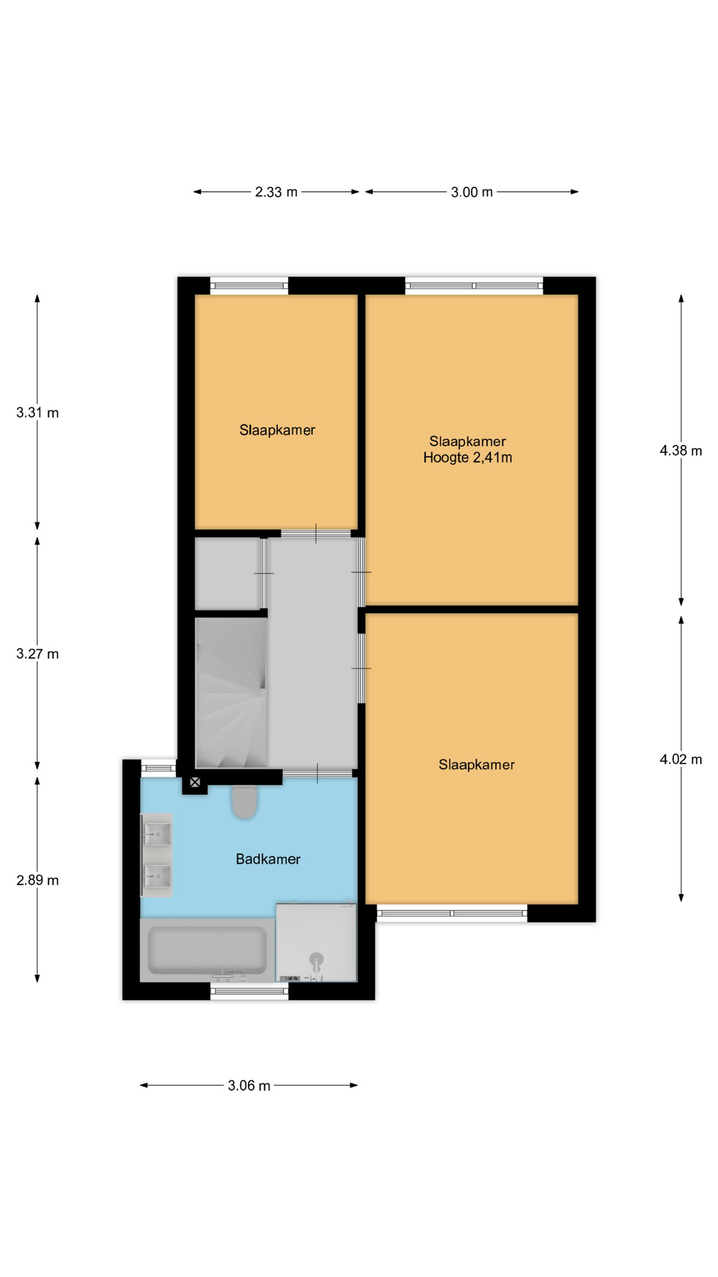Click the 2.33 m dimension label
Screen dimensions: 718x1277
click(276, 192)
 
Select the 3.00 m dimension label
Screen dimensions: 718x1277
click(472, 192)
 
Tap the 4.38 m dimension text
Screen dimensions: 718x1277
click(681, 451)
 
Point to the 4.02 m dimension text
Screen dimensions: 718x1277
click(681, 760)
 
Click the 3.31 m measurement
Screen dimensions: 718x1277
click(38, 413)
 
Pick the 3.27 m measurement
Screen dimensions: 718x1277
click(38, 654)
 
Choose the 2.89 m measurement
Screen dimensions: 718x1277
click(38, 881)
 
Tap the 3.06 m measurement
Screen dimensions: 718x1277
click(249, 1086)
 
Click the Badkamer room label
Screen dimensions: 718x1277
click(268, 859)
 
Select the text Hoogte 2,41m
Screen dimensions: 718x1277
click(468, 458)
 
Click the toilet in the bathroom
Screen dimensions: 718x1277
click(245, 802)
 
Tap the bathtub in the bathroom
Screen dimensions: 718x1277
click(207, 950)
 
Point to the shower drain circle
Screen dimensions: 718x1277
click(316, 958)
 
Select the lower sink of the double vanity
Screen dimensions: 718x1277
click(158, 877)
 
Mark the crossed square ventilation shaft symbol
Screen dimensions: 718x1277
click(195, 783)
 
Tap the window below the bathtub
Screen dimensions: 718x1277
click(249, 991)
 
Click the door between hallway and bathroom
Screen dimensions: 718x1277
click(318, 773)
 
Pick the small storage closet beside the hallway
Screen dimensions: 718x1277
click(227, 573)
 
